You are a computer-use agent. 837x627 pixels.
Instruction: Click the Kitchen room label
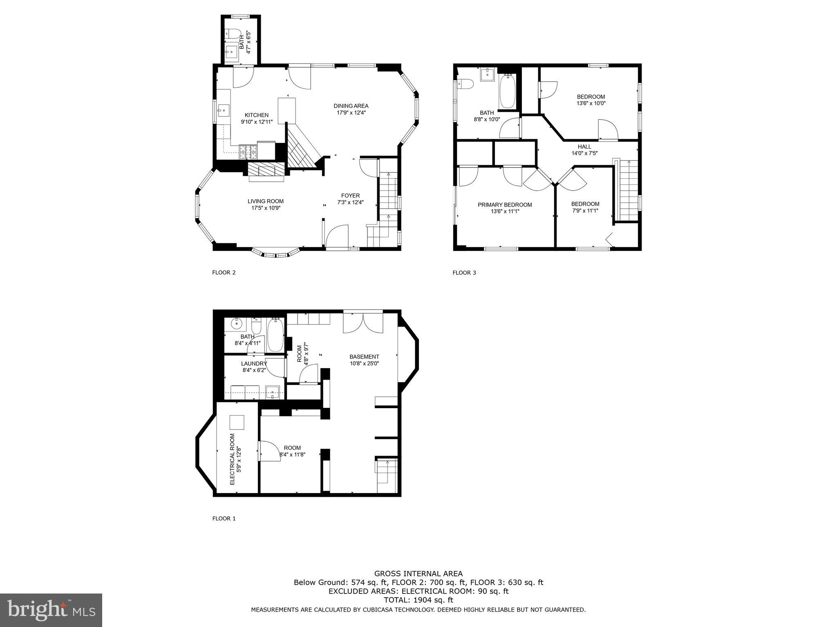pos(256,115)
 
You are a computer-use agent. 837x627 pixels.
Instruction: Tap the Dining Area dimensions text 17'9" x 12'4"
pos(351,113)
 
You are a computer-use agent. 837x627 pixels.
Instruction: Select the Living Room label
pos(265,201)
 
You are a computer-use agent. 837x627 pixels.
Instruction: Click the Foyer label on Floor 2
pos(350,196)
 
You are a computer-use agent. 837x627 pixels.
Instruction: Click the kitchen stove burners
pos(248,152)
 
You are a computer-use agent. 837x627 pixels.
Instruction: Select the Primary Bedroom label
pos(505,205)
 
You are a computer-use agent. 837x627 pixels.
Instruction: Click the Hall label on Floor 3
pos(584,147)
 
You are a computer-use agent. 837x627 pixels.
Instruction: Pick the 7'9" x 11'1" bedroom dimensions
pos(585,211)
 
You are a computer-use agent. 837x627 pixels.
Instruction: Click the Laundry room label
pos(254,364)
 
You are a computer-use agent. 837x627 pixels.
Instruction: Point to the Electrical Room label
pos(232,459)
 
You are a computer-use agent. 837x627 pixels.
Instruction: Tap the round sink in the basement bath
pos(237,324)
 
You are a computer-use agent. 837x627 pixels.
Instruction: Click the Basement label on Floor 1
pos(364,357)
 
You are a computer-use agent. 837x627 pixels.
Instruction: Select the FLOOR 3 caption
pos(464,273)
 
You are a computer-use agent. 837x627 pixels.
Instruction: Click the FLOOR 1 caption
pos(224,519)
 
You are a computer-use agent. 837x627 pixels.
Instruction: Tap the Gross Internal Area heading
pos(418,574)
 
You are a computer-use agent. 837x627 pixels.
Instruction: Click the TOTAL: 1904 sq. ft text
pos(418,600)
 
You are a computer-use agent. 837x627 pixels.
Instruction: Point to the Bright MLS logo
pos(51,610)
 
